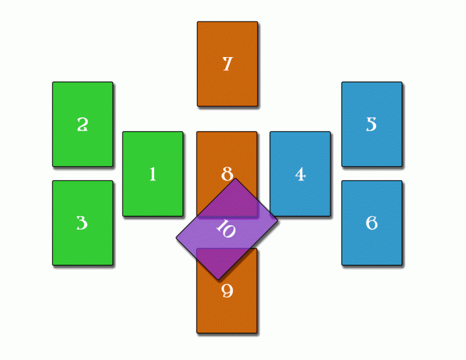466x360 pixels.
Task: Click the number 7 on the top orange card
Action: pyautogui.click(x=228, y=64)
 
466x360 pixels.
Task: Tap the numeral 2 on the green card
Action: pyautogui.click(x=83, y=124)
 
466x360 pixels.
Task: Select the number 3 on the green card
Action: pyautogui.click(x=83, y=223)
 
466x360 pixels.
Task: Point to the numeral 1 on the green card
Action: pyautogui.click(x=153, y=174)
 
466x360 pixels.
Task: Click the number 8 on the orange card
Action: pyautogui.click(x=227, y=174)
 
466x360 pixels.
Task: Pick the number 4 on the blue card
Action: pyautogui.click(x=300, y=174)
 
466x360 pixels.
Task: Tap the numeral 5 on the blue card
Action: pyautogui.click(x=371, y=124)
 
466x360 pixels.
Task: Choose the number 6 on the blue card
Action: pyautogui.click(x=371, y=223)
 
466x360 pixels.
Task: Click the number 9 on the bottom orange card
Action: pyautogui.click(x=228, y=291)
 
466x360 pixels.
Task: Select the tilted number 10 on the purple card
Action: pyautogui.click(x=226, y=229)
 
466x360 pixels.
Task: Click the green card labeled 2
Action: pyautogui.click(x=83, y=124)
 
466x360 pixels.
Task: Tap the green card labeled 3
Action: pyautogui.click(x=83, y=223)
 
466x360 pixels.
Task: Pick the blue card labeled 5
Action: pyautogui.click(x=372, y=124)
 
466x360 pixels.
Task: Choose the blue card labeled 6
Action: pyautogui.click(x=372, y=223)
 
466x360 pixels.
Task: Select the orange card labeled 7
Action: pyautogui.click(x=228, y=64)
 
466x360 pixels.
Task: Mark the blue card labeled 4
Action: pyautogui.click(x=300, y=174)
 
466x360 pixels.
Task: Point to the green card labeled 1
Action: pyautogui.click(x=153, y=174)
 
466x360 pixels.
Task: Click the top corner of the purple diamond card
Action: pyautogui.click(x=235, y=178)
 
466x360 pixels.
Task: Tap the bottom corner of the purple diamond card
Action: pyautogui.click(x=218, y=280)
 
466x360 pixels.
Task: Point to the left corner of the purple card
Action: pyautogui.click(x=176, y=238)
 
